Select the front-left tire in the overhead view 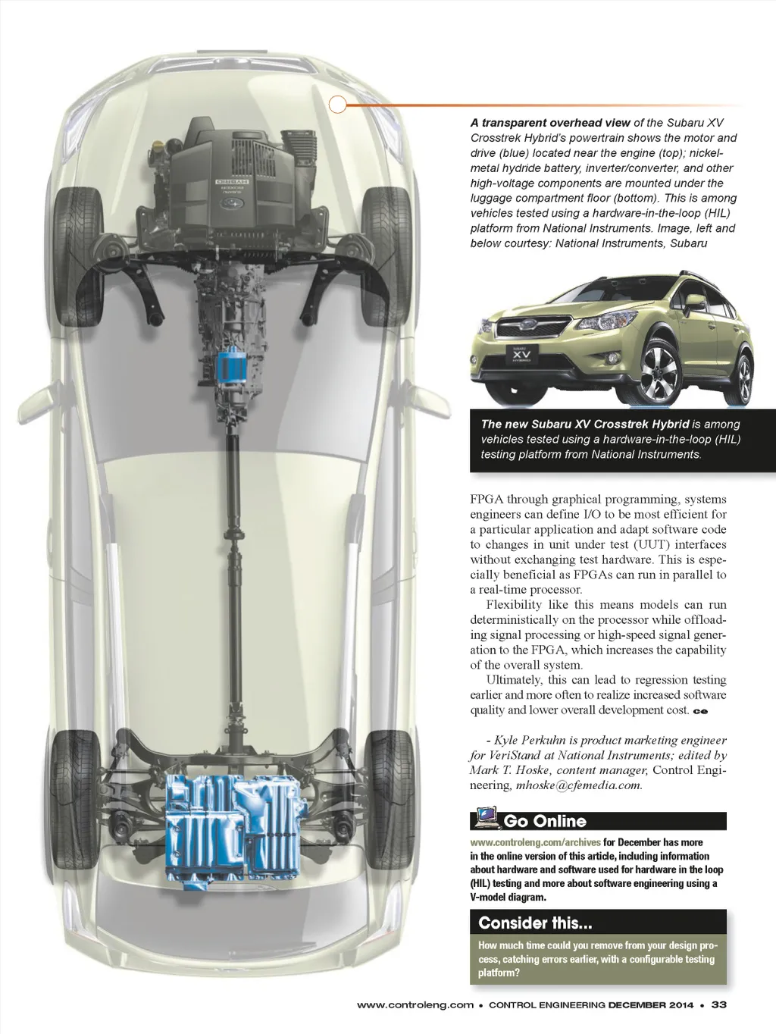tap(78, 256)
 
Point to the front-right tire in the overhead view tap(385, 256)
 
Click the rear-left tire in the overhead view tap(75, 800)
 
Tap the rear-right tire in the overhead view tap(389, 800)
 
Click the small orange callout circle tap(337, 104)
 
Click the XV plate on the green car tap(521, 354)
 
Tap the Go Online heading tap(545, 821)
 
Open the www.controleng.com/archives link tap(535, 841)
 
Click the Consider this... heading tap(535, 923)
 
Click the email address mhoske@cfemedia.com tap(579, 785)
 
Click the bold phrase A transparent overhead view tap(550, 123)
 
